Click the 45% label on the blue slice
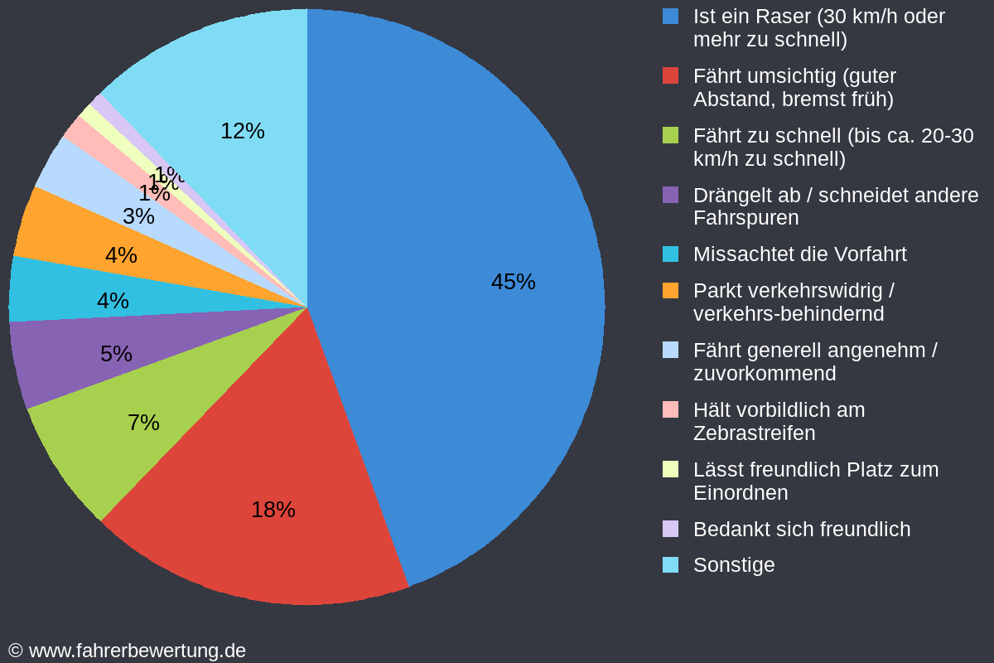[513, 282]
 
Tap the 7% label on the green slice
[143, 423]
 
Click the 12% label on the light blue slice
[243, 131]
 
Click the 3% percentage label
[138, 216]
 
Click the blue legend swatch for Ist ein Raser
[670, 16]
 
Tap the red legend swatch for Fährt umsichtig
[670, 75]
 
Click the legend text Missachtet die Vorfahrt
[799, 254]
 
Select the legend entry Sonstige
[734, 565]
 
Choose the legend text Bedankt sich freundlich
[801, 530]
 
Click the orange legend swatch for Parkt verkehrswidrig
[670, 291]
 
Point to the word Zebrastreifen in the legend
[754, 433]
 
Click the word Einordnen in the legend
[740, 493]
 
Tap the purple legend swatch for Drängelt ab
[670, 195]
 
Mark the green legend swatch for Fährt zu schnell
[670, 135]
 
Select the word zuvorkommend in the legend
[764, 374]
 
